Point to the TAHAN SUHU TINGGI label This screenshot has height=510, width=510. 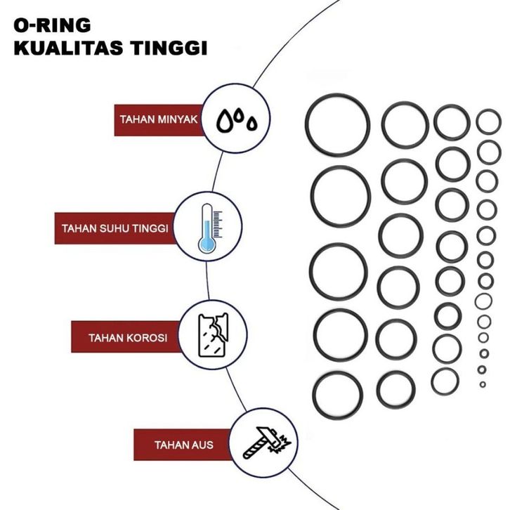tap(115, 228)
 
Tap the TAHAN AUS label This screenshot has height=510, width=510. tap(184, 445)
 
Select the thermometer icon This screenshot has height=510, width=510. tap(207, 229)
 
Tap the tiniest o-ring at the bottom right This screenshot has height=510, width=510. tap(483, 384)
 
